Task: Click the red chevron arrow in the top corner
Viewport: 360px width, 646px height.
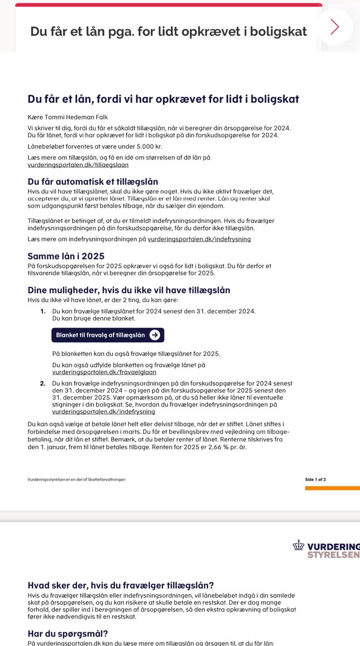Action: click(335, 26)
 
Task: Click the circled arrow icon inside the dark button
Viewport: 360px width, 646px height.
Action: click(155, 335)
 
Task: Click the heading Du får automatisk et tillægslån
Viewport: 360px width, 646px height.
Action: click(93, 181)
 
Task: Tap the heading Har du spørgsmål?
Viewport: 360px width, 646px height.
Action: click(67, 633)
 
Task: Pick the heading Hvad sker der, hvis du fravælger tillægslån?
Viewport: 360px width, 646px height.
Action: click(121, 585)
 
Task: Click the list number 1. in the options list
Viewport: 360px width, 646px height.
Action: click(43, 312)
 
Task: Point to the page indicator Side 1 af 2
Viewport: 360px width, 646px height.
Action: click(315, 479)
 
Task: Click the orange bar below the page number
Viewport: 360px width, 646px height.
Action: click(332, 488)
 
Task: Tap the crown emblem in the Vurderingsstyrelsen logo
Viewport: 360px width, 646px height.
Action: click(298, 545)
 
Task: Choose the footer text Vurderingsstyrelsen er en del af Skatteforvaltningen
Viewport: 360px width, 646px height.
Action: click(76, 479)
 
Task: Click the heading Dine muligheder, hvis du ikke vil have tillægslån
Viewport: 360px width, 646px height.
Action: click(129, 290)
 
